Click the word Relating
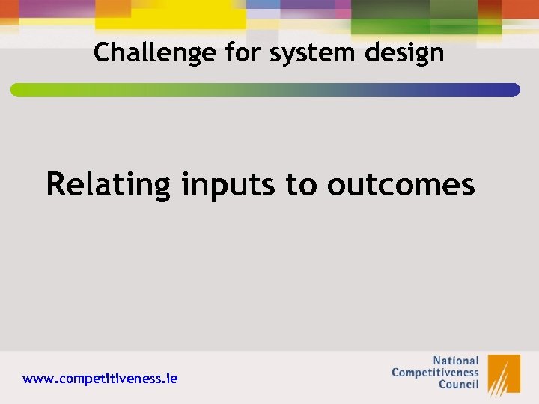tap(109, 184)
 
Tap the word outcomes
tap(401, 184)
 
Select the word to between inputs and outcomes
tap(301, 185)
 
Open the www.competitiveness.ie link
tap(100, 379)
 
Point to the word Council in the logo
tap(458, 385)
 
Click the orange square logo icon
tap(504, 373)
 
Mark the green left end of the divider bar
tap(19, 90)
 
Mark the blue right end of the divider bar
tap(512, 90)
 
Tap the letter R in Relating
tap(55, 184)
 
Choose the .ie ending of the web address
tap(171, 379)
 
